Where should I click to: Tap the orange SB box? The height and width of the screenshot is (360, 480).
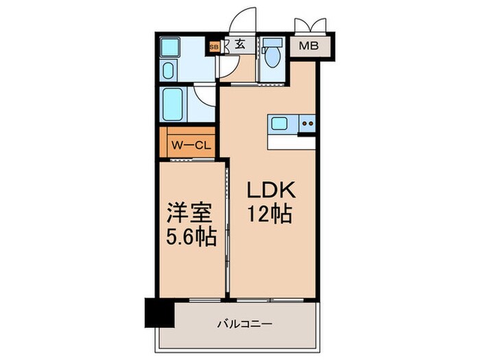tap(213, 47)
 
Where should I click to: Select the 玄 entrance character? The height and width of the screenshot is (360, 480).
tap(240, 46)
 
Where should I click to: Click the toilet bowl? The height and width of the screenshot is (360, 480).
tap(272, 56)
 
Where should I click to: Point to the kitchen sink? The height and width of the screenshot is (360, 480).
tap(280, 124)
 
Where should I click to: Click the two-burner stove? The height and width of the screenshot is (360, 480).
tap(307, 125)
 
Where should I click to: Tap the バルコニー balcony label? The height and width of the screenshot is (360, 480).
tap(236, 322)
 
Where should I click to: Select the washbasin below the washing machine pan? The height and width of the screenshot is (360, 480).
tap(168, 71)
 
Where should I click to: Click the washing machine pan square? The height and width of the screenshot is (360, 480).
tap(168, 47)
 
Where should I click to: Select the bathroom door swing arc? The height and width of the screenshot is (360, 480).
tap(204, 95)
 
